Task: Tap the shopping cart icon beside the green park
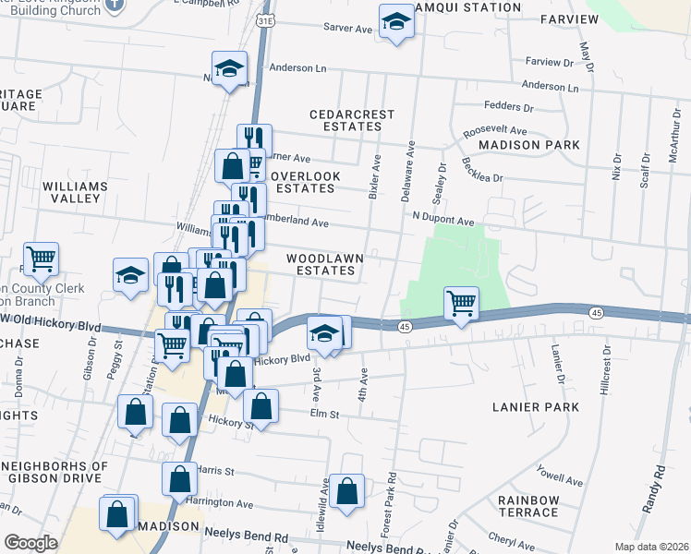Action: point(461,302)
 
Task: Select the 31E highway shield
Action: point(265,19)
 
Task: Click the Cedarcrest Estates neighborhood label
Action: point(352,121)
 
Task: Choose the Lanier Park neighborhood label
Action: point(537,406)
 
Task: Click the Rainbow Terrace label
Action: point(528,506)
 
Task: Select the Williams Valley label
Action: point(75,192)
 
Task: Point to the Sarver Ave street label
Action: point(346,30)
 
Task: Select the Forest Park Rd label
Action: point(392,499)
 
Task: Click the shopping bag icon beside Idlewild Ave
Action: point(347,492)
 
